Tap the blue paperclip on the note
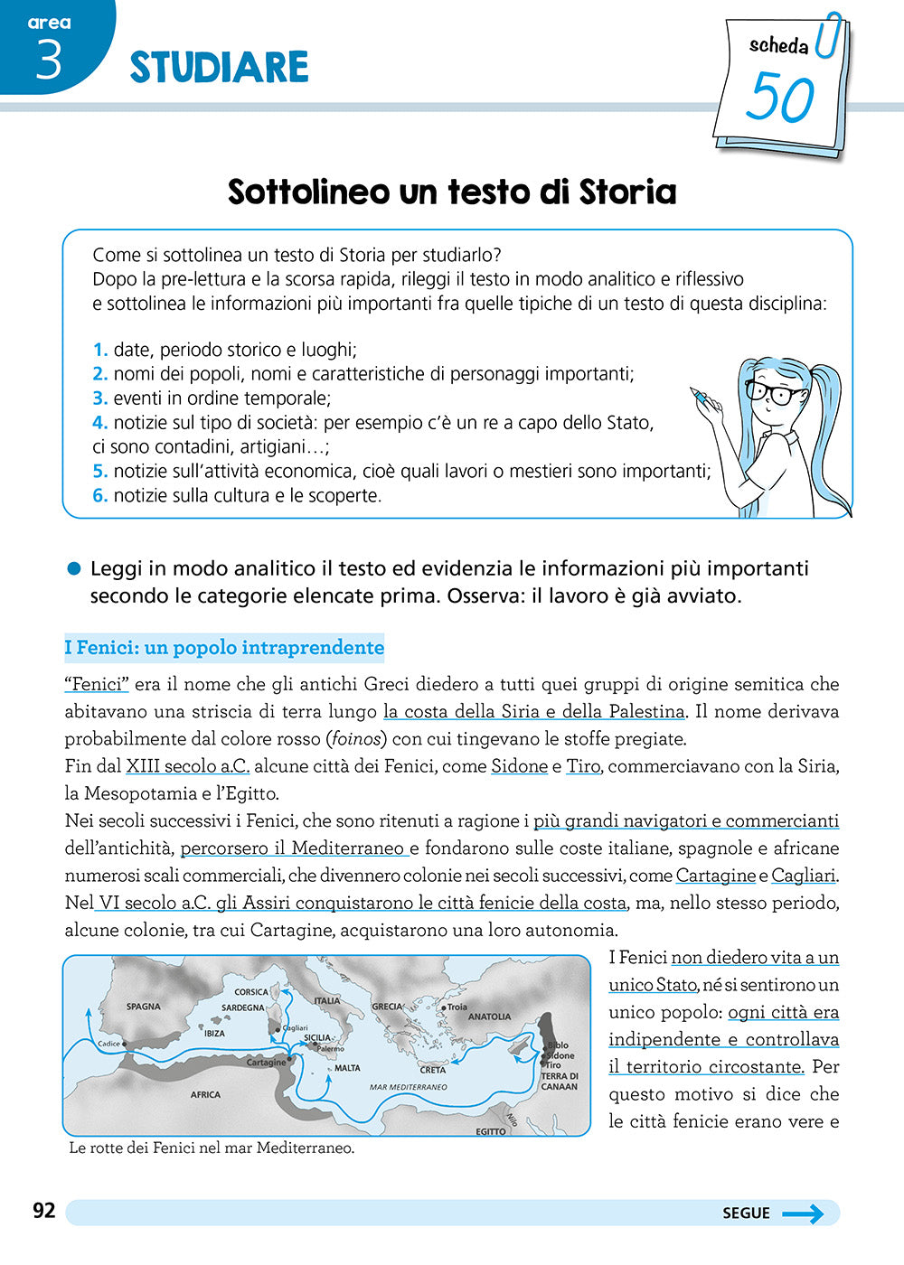point(827,36)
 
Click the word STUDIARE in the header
point(219,68)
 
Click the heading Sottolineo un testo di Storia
point(452,192)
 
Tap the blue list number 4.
point(99,422)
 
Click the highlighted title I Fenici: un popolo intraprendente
point(224,648)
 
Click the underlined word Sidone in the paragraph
point(519,766)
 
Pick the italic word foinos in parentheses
point(355,739)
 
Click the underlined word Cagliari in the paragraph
point(804,876)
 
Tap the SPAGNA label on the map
point(144,1007)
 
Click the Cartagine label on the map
point(266,1063)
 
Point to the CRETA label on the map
point(433,1070)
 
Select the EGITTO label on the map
point(491,1131)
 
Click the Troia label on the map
point(457,1007)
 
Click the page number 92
point(44,1211)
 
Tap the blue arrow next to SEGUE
point(803,1213)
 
